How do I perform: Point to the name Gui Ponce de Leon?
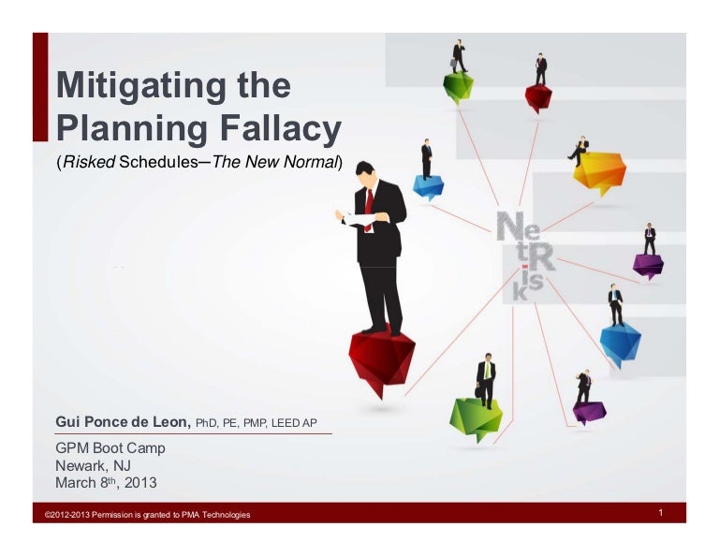123,423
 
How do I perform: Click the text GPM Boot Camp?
110,448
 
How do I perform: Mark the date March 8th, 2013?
106,484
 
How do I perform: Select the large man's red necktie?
369,209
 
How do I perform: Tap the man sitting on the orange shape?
580,151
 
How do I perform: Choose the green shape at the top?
459,86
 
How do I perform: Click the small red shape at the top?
539,95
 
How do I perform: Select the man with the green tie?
486,379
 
